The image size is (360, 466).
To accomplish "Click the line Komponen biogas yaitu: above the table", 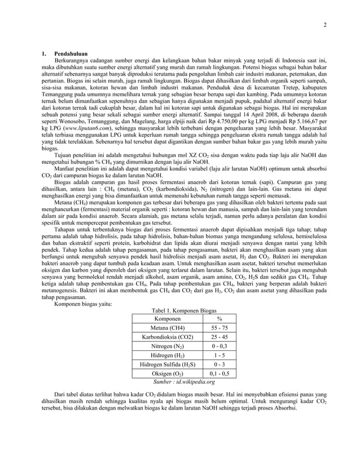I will point(82,304).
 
